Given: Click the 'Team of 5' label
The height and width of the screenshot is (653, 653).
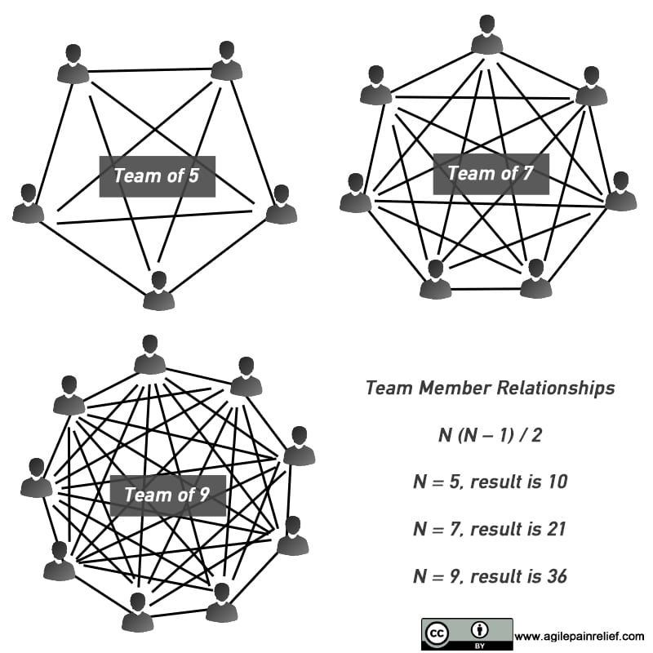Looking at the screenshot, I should tap(157, 175).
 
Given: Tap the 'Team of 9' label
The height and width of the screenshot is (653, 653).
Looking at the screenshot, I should tap(167, 495).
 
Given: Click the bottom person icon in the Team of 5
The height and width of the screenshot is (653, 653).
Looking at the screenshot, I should tap(158, 291).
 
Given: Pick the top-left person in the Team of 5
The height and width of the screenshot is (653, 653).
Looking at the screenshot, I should tap(73, 64).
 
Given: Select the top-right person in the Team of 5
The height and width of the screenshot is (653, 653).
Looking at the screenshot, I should tap(227, 61).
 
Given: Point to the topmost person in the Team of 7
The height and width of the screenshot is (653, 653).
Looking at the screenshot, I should tap(486, 35).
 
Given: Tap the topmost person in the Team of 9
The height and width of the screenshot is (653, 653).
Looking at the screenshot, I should tap(149, 355).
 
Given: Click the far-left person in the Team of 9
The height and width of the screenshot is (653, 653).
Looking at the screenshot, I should tap(37, 478).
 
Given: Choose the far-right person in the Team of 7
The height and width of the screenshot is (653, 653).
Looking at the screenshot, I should tap(620, 192).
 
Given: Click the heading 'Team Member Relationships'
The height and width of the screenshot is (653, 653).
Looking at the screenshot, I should tap(490, 389).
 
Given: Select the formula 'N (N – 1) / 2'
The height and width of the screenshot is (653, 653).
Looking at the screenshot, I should tap(490, 435).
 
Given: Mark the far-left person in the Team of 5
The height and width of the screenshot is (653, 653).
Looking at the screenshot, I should tap(28, 204).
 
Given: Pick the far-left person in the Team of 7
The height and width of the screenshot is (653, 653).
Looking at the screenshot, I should tap(356, 193).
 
